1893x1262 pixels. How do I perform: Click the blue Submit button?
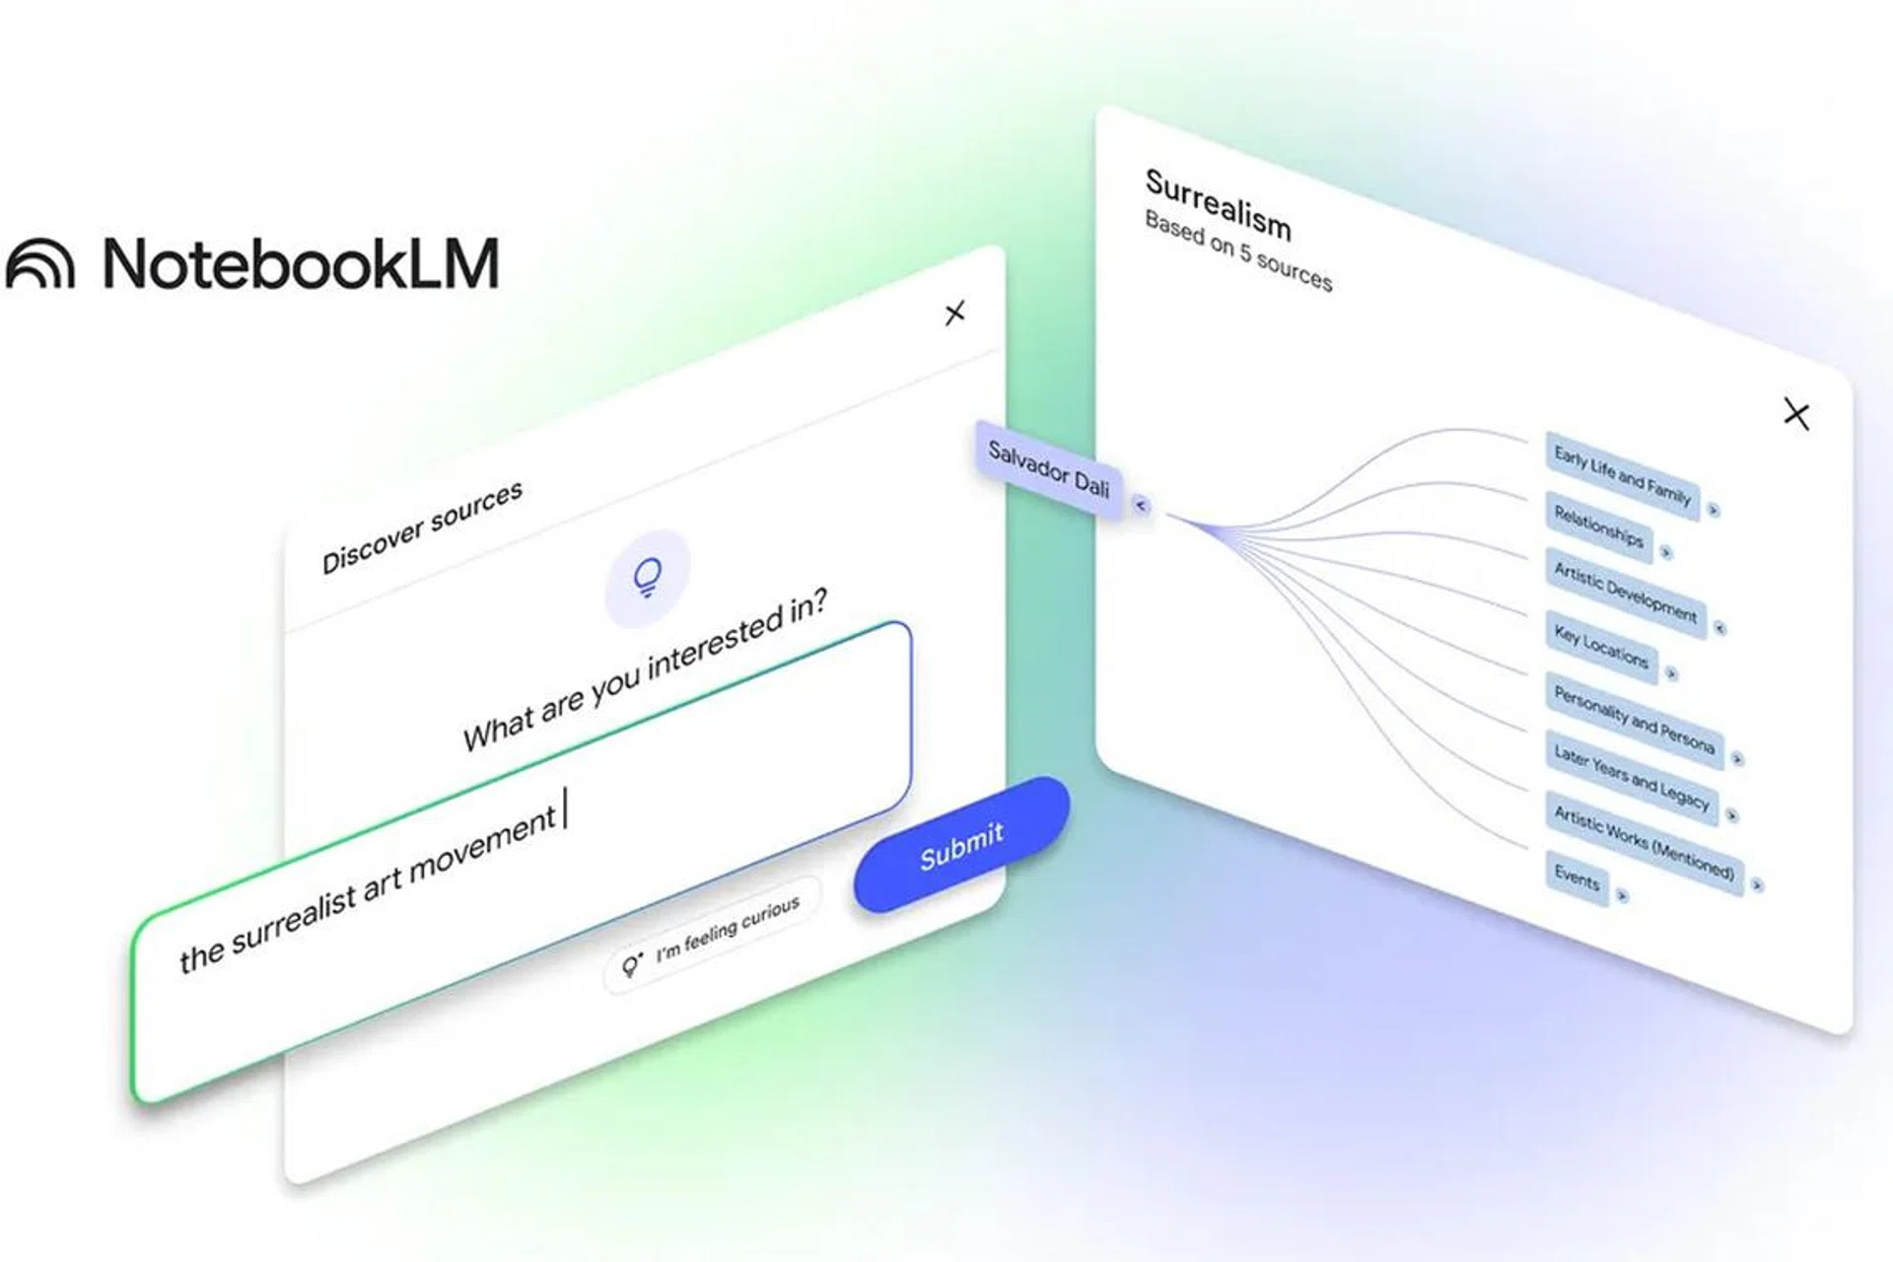click(x=961, y=845)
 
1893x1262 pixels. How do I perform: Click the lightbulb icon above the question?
click(x=647, y=579)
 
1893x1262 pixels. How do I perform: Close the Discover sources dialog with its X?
click(x=954, y=314)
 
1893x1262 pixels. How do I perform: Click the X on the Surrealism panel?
click(x=1796, y=414)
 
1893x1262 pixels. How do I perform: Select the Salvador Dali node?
click(x=1049, y=469)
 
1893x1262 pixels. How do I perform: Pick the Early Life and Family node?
click(x=1623, y=473)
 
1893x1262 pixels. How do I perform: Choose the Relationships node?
click(x=1598, y=526)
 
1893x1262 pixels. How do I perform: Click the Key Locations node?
click(x=1601, y=646)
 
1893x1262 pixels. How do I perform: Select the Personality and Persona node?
click(x=1634, y=720)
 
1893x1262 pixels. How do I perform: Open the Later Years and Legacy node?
click(x=1632, y=778)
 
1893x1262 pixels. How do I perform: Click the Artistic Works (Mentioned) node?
click(x=1644, y=842)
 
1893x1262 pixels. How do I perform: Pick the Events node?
click(x=1577, y=876)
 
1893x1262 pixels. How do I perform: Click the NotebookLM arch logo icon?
click(x=40, y=263)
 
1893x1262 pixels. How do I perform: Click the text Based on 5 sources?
click(x=1238, y=250)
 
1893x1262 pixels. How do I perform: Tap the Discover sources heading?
click(x=422, y=526)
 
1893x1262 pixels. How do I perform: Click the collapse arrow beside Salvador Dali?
click(x=1141, y=505)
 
